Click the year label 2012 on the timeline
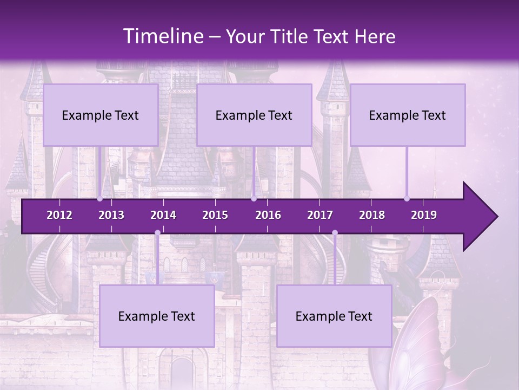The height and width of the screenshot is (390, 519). coord(59,215)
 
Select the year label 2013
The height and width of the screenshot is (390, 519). coord(111,215)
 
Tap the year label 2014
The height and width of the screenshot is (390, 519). coord(163,215)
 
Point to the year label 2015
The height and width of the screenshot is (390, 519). coord(215,215)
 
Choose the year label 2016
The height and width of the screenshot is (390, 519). coord(268,215)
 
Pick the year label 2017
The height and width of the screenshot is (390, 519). coord(320,215)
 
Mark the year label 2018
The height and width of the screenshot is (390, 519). coord(372,215)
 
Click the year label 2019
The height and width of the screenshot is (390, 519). coord(424,215)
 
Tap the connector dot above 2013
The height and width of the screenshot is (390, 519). coord(100,199)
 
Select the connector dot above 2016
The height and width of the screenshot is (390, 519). coord(254,199)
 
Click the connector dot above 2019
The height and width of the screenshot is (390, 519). coord(407,199)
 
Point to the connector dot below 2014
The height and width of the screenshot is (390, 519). coord(157,233)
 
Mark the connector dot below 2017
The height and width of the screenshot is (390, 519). coord(335,233)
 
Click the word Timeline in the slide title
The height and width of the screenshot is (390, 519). coord(162,36)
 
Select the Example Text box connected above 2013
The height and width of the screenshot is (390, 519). coord(101,115)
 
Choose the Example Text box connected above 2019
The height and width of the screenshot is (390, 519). coord(408,115)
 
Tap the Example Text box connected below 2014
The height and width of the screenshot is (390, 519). coord(157,316)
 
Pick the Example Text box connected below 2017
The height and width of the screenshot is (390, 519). coord(334,316)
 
